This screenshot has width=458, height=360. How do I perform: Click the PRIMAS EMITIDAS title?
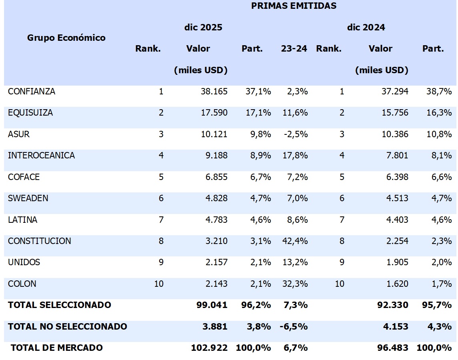click(294, 6)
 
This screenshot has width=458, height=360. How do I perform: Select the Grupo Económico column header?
click(66, 38)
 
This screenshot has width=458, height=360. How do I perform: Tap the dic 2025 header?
click(203, 28)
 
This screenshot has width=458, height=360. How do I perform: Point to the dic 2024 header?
click(366, 28)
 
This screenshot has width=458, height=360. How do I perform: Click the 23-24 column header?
click(294, 49)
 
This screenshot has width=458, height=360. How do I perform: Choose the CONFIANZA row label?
click(32, 92)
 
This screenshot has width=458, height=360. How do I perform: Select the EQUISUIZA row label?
click(30, 113)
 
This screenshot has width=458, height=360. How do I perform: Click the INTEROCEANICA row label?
click(41, 156)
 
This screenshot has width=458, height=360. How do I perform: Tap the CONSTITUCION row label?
click(40, 241)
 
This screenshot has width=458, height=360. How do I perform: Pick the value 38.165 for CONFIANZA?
click(214, 92)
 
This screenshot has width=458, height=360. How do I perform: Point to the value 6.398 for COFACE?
click(395, 177)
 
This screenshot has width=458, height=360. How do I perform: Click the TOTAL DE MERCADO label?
click(57, 348)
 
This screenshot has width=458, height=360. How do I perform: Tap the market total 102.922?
click(210, 348)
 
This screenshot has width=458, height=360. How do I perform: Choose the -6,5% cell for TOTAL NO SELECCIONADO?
click(294, 327)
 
